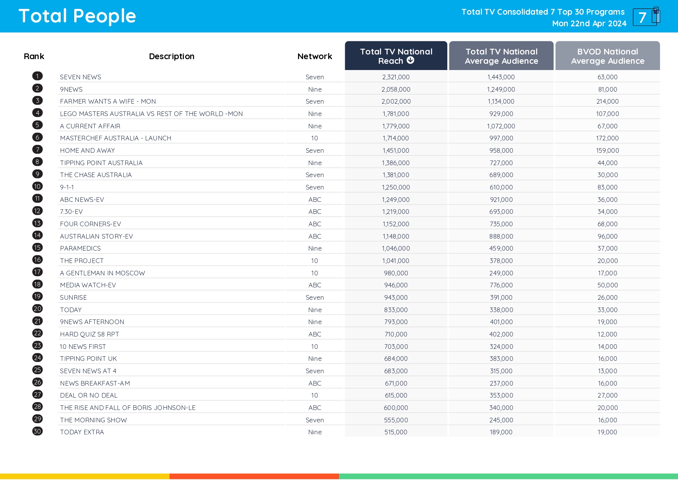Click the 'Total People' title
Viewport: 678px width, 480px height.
point(77,16)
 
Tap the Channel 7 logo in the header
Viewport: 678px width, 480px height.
point(646,17)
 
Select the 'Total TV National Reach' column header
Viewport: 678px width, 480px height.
point(396,56)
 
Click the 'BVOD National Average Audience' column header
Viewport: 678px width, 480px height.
point(607,56)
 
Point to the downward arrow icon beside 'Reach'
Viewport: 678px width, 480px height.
point(411,60)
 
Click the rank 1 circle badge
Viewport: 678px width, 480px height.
point(37,76)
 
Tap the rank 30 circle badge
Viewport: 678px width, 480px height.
point(37,431)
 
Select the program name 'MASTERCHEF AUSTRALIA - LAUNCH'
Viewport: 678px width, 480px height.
point(116,138)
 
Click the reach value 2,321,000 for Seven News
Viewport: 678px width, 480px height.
point(396,77)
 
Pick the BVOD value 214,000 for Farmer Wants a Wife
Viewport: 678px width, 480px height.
point(607,101)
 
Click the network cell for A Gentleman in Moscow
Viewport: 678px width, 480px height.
point(315,273)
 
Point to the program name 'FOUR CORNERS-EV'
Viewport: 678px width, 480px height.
point(90,224)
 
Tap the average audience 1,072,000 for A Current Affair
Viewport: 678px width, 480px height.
point(501,126)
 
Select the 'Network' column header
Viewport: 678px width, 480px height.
point(315,56)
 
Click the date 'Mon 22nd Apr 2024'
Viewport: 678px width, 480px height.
point(589,24)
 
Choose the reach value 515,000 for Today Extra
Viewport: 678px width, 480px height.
point(396,432)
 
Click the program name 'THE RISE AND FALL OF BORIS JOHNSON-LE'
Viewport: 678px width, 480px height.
point(128,408)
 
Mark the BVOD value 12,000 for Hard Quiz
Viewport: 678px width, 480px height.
point(607,334)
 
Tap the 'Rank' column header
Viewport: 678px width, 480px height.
point(34,56)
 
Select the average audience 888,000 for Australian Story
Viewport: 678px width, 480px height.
point(501,236)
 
